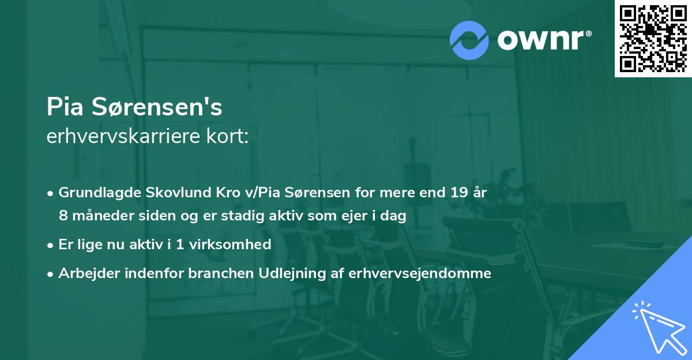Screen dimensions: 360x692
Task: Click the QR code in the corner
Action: [653, 38]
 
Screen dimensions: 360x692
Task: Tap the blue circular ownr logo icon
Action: [469, 40]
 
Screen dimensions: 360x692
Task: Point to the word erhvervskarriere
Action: [128, 137]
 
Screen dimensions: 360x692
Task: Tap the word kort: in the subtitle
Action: [231, 137]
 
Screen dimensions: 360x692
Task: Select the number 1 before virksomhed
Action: [180, 245]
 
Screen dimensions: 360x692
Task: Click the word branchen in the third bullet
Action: [213, 273]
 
